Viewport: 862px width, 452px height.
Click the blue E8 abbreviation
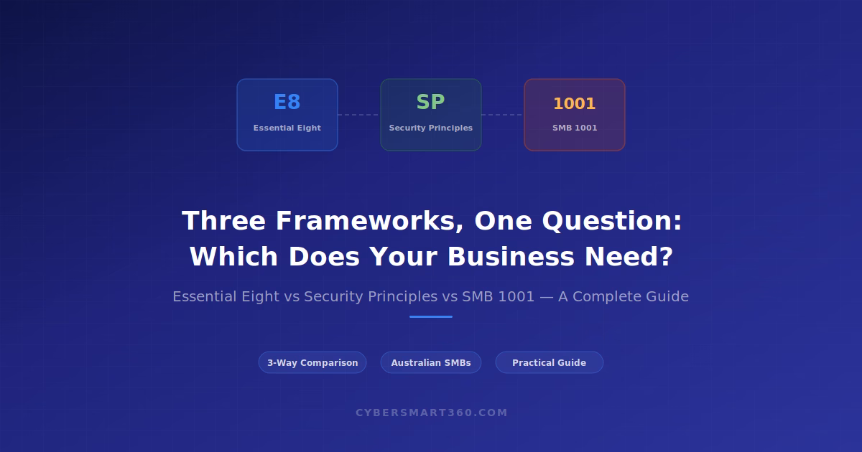287,102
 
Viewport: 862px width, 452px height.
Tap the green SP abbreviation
430,102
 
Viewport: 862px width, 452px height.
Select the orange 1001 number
575,104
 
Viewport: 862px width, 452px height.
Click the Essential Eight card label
287,128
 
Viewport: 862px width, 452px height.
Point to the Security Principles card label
430,128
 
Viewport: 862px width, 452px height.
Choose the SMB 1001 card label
575,128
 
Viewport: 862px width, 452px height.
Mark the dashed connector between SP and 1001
503,115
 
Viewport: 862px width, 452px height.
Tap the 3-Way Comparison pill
312,362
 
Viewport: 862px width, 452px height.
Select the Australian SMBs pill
430,362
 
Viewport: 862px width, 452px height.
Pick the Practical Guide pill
549,362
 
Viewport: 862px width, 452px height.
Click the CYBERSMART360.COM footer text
432,413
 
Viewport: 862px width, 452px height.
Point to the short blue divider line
430,316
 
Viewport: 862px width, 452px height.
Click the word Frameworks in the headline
370,222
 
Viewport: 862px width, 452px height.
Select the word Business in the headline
511,257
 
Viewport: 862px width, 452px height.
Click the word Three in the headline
223,221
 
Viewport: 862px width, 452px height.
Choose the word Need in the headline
629,257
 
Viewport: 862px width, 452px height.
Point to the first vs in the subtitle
292,297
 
